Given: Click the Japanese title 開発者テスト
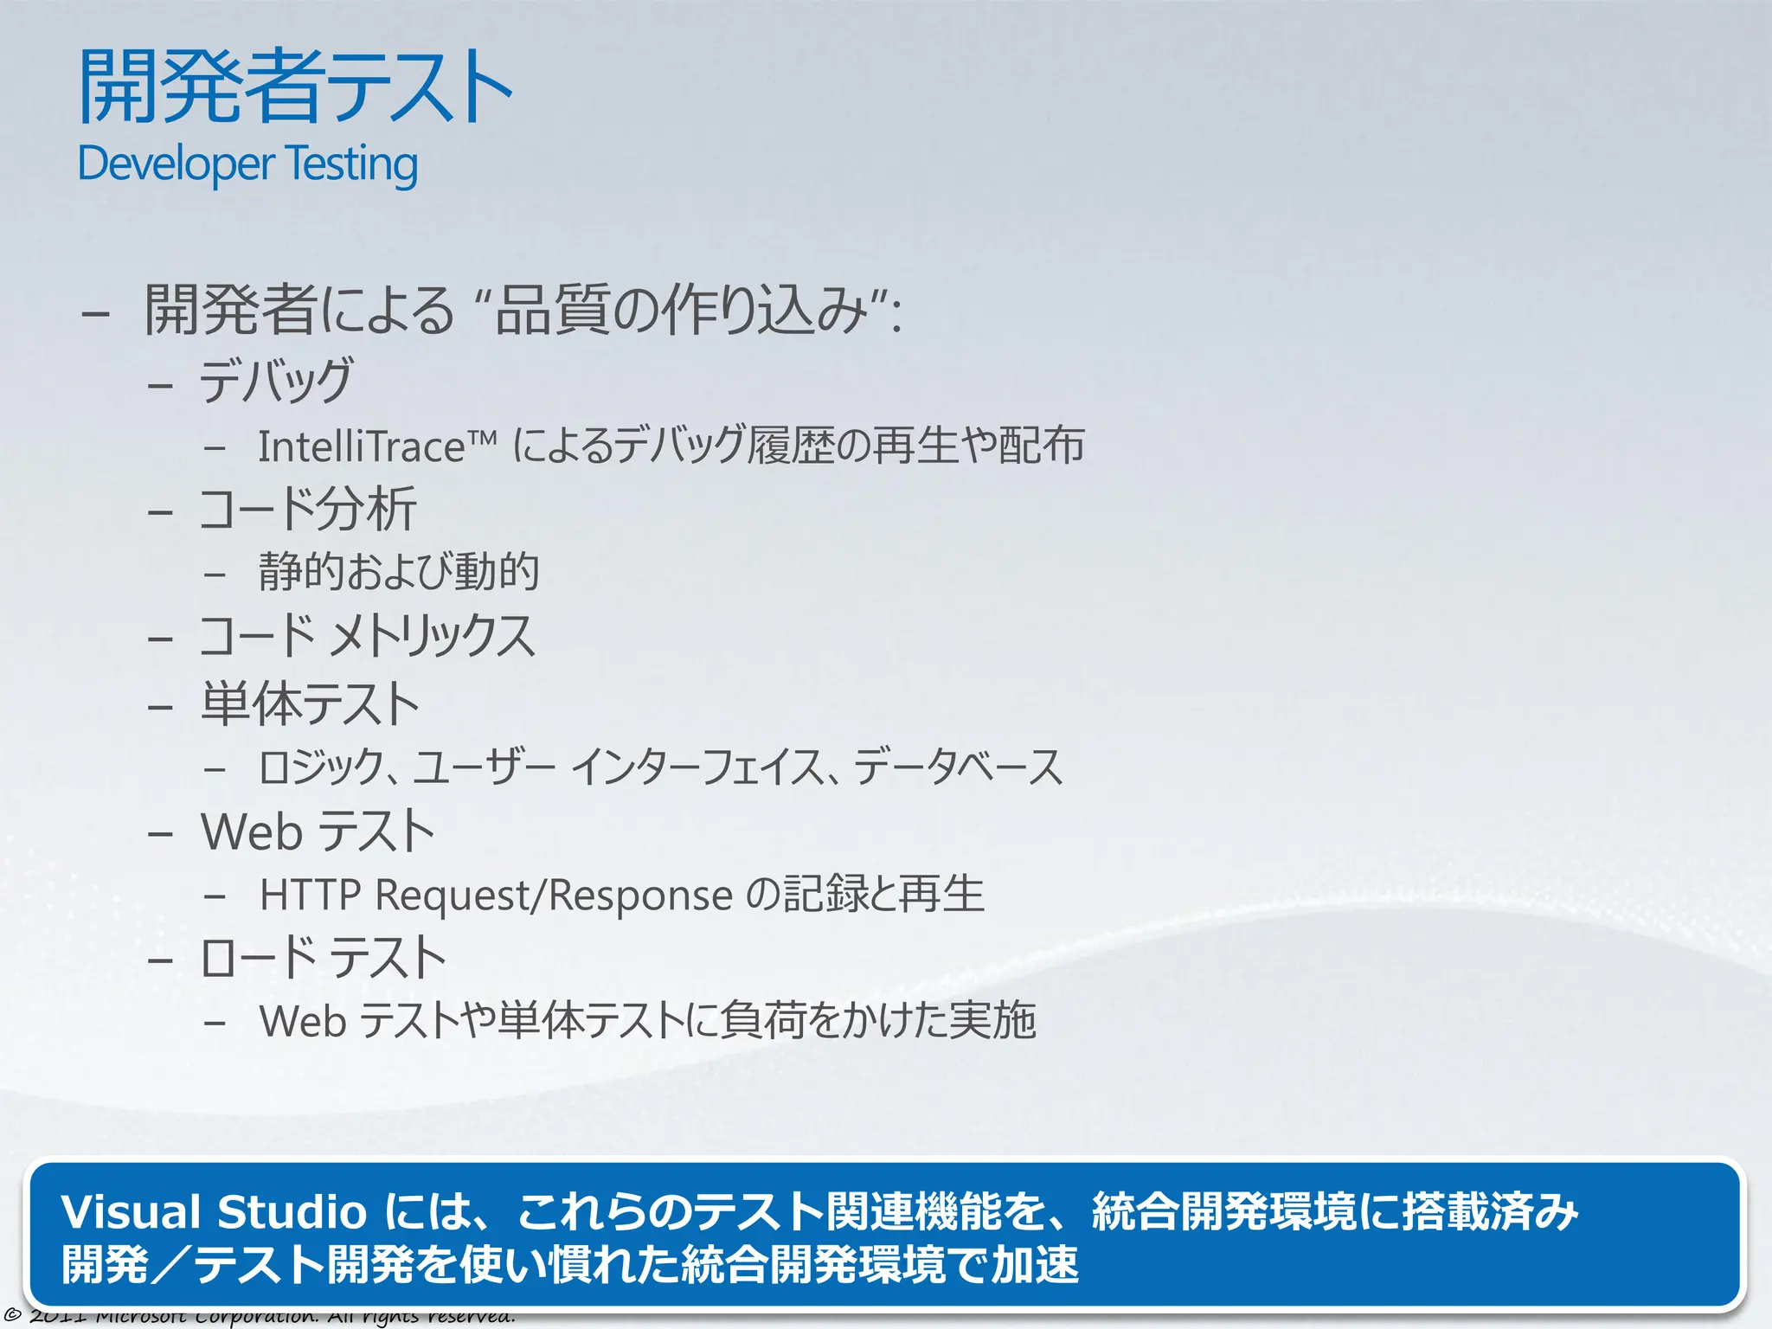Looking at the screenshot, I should (x=295, y=87).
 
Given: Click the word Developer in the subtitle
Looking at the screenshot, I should (x=176, y=164).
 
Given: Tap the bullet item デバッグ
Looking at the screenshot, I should (x=275, y=381).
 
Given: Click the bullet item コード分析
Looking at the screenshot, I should (x=307, y=509).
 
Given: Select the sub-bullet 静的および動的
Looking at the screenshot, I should (x=399, y=572).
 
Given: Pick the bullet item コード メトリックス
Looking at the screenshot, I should (x=367, y=636).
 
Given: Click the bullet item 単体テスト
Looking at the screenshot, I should (x=310, y=703).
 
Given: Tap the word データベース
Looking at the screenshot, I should (x=958, y=767).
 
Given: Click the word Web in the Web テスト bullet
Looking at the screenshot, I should (x=252, y=832).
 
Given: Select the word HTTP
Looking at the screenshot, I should (x=310, y=895).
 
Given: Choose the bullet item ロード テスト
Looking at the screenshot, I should (x=323, y=958).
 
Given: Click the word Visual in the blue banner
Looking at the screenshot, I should (x=131, y=1211).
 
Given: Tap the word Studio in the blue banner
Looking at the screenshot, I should (x=292, y=1211).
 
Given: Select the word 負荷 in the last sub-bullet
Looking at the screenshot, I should (x=763, y=1021).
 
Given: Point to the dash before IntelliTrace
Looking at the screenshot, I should (x=215, y=448).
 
